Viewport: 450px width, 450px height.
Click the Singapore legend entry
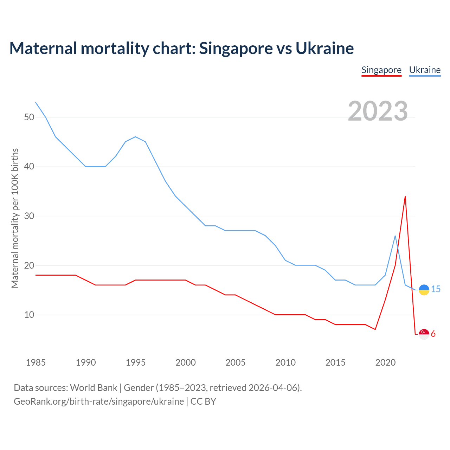click(381, 70)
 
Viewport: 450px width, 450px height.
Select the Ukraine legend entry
click(425, 70)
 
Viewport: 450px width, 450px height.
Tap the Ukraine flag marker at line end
click(424, 290)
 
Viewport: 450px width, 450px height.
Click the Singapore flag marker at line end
click(424, 334)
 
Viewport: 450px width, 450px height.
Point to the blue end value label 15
click(436, 289)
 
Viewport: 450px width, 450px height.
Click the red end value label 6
click(433, 334)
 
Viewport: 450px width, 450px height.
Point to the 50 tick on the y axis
click(29, 117)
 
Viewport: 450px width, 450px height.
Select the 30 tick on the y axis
click(29, 216)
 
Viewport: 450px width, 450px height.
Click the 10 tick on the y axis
click(29, 315)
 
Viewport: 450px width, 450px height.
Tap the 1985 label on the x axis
click(36, 362)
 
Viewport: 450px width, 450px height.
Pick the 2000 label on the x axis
click(186, 362)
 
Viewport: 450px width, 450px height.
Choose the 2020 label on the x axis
click(385, 362)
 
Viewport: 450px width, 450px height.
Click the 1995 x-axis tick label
click(136, 362)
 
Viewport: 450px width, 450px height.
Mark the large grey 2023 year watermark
click(378, 111)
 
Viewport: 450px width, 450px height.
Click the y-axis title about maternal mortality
click(15, 218)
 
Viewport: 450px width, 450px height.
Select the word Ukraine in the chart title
click(324, 48)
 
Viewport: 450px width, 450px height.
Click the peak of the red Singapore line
click(405, 197)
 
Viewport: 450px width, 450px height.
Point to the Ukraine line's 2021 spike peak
click(395, 236)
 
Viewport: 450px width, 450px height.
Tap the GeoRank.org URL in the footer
click(99, 401)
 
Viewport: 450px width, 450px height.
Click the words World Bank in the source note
click(94, 387)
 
